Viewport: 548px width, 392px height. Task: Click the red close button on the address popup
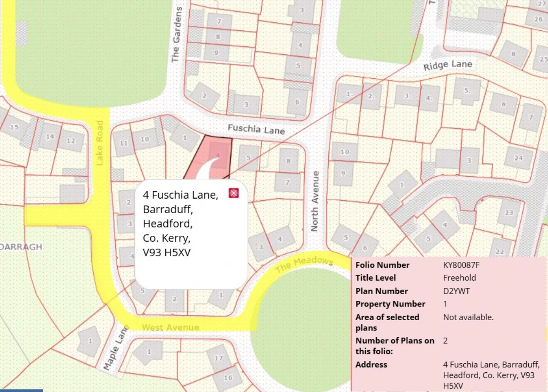tap(233, 193)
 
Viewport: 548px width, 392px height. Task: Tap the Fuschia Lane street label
tap(256, 128)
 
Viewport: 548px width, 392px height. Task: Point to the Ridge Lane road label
tap(447, 65)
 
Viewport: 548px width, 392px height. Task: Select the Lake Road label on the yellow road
tap(100, 143)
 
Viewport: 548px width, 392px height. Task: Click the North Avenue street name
tap(315, 201)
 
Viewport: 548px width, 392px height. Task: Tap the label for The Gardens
tap(176, 34)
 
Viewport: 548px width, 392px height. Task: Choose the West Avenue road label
tap(170, 327)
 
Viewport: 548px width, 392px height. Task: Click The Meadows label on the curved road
tap(304, 265)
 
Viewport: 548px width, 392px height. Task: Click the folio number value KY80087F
tap(461, 265)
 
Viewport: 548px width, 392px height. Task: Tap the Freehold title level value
tap(459, 278)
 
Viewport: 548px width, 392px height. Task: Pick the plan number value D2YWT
tap(456, 291)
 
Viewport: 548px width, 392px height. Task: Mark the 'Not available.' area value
tap(468, 317)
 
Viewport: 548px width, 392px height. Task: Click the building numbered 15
tap(14, 127)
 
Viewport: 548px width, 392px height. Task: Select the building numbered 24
tap(518, 158)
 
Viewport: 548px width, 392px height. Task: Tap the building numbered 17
tap(219, 358)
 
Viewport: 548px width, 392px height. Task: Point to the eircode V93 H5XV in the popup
tap(167, 253)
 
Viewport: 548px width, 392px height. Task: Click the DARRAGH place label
tap(21, 247)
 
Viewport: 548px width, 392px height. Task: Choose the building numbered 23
tap(509, 213)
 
